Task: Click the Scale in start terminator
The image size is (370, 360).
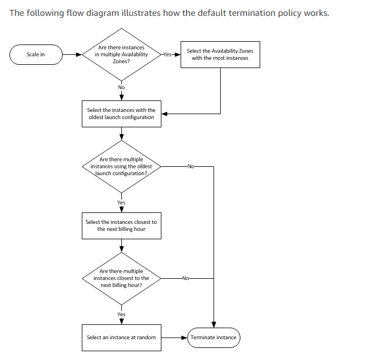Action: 36,54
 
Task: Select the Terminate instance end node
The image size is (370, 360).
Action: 214,337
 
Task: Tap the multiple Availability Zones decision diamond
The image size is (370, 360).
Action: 121,54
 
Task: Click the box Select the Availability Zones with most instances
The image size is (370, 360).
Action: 220,54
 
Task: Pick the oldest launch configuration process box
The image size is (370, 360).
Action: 121,114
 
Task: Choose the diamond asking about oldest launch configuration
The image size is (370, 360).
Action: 121,166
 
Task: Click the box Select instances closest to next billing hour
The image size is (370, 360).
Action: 121,226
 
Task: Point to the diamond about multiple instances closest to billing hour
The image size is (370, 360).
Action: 121,278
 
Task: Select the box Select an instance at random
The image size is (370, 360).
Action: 121,337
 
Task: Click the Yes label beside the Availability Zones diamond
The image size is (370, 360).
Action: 167,54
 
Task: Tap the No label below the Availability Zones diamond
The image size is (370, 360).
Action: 121,87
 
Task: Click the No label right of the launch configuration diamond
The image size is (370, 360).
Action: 190,166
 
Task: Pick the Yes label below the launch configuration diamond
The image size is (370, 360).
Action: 121,203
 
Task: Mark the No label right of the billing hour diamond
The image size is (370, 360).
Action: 186,278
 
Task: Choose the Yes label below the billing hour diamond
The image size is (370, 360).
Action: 121,314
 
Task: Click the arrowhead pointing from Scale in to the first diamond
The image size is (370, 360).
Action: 79,54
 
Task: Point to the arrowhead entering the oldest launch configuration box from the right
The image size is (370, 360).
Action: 165,114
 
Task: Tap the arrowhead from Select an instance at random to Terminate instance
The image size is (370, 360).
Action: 184,337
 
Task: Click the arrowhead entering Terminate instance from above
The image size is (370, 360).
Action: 214,325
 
